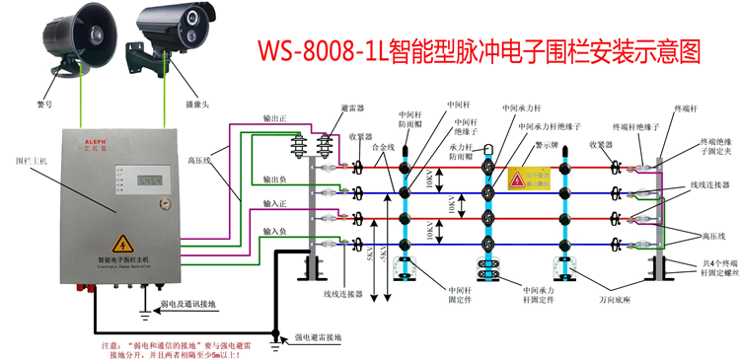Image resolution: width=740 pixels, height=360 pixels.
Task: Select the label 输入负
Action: [275, 231]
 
